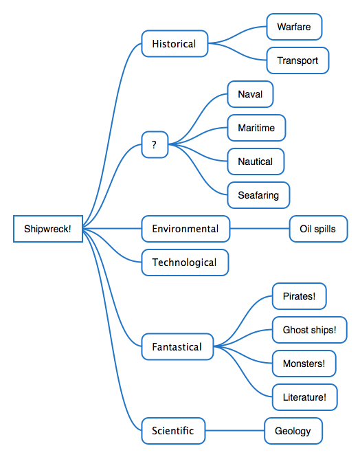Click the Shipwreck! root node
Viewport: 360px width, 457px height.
click(x=48, y=229)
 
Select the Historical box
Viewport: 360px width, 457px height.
click(x=175, y=44)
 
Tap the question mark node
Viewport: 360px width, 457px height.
click(x=155, y=144)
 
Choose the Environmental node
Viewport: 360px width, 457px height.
click(x=185, y=229)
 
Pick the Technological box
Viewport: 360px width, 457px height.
click(x=185, y=263)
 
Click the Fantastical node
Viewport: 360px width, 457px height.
click(x=178, y=346)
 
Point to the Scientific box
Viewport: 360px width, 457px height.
click(x=174, y=431)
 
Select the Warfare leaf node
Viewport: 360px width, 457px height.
click(x=295, y=27)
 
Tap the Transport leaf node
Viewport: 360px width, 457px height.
click(x=298, y=60)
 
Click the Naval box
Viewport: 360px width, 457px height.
click(x=251, y=94)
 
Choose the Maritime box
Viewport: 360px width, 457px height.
click(x=256, y=128)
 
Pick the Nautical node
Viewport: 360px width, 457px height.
click(x=256, y=161)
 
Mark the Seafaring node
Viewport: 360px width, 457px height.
click(x=258, y=195)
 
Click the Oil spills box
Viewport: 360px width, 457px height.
click(x=319, y=229)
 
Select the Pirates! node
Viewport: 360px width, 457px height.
click(x=300, y=296)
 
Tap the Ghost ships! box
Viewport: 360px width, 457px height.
click(x=310, y=330)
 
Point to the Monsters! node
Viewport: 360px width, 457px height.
click(x=304, y=364)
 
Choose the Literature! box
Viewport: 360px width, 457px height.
click(x=305, y=397)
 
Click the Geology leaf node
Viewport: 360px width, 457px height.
click(x=293, y=431)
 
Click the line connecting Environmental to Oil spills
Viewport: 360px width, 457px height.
click(x=260, y=229)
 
